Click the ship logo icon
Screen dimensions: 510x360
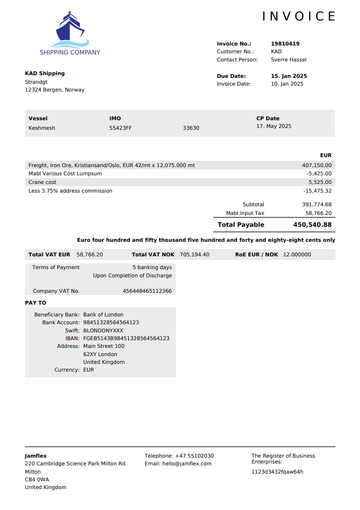[70, 30]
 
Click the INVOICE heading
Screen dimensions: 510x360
[299, 16]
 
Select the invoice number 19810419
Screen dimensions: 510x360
[285, 44]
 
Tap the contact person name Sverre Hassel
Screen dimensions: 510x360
[288, 60]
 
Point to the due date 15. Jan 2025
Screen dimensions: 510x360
[289, 76]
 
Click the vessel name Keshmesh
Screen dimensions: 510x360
[42, 128]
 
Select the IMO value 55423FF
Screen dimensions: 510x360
[120, 128]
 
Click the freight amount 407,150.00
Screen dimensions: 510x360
[317, 165]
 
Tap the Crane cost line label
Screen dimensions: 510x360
[42, 182]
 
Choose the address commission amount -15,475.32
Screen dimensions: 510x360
[318, 191]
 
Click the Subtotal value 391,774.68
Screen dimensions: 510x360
[317, 204]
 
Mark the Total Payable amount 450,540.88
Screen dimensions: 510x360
[312, 224]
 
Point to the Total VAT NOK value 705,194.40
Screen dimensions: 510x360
[195, 255]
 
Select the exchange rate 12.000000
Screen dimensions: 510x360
[297, 255]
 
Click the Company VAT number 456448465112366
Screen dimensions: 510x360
[147, 291]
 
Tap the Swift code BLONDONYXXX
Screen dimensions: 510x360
[103, 331]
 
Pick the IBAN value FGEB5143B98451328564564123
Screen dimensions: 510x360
[126, 338]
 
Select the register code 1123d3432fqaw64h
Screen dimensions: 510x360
[277, 472]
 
